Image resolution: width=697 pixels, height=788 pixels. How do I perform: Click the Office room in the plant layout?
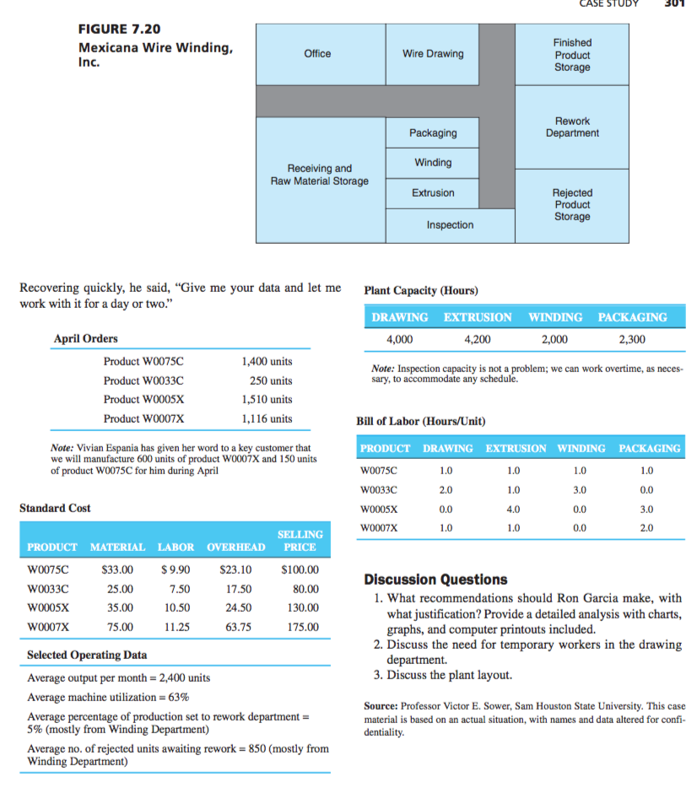tap(317, 54)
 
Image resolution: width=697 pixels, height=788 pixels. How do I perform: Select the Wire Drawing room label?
tap(433, 54)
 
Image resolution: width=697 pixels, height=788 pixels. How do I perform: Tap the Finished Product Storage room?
tap(572, 55)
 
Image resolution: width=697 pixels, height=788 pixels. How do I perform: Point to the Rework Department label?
tap(572, 127)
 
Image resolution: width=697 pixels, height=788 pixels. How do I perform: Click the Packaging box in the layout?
tap(433, 133)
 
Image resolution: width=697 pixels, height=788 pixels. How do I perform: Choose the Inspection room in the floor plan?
tap(450, 225)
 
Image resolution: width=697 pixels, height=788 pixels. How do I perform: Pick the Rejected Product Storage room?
tap(572, 205)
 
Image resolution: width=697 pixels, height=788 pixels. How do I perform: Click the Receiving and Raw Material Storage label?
tap(319, 175)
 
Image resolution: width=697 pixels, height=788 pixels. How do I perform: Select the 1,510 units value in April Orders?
tap(267, 399)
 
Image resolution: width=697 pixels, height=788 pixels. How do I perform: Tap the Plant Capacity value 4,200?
tap(478, 340)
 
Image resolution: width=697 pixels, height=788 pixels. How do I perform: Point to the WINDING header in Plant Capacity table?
tap(554, 317)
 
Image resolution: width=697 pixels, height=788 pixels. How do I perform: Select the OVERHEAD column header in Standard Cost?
tap(235, 548)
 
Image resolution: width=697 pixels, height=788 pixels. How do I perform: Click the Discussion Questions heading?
tap(435, 580)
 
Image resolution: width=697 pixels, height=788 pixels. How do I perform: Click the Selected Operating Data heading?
tap(87, 655)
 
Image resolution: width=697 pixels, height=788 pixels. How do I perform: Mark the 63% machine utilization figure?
tap(178, 698)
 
